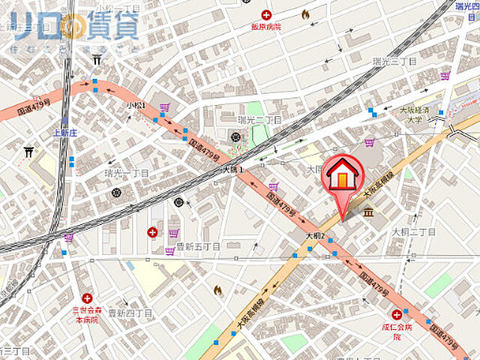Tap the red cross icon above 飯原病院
point(266,14)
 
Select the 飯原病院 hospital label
point(265,26)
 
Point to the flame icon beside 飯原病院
point(305,14)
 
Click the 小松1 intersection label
point(136,106)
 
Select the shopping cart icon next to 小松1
point(163,107)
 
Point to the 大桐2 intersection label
point(314,235)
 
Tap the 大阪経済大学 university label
point(412,114)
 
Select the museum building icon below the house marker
point(369,214)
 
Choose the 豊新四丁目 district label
point(130,312)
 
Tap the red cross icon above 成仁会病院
point(396,315)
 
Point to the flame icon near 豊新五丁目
point(218,289)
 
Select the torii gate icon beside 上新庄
point(30,151)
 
